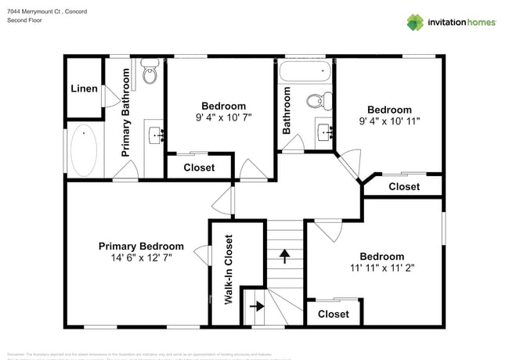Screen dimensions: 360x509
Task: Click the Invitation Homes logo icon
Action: (x=414, y=22)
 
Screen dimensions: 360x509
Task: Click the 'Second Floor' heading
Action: (x=24, y=21)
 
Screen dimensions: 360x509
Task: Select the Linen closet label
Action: (x=84, y=88)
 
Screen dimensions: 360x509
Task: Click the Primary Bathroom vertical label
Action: (x=125, y=113)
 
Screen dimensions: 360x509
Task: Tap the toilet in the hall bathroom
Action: (x=316, y=102)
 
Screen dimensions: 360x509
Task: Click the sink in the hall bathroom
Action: (x=326, y=131)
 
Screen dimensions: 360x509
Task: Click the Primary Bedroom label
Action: (x=141, y=246)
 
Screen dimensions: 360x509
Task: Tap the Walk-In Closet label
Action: (x=229, y=269)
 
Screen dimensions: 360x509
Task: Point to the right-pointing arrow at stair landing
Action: (x=255, y=306)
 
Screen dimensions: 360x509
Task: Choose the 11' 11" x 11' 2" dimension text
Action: (x=381, y=268)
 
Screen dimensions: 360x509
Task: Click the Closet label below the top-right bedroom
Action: (x=404, y=186)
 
